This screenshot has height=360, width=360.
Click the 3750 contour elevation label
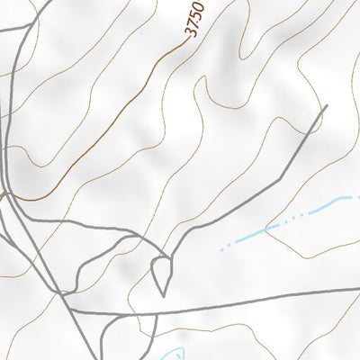(195, 19)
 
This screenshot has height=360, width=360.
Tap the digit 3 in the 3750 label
(190, 32)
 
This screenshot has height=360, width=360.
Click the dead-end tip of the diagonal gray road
(324, 108)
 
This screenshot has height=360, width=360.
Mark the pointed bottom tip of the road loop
(163, 294)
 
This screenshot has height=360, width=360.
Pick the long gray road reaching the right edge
(270, 296)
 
